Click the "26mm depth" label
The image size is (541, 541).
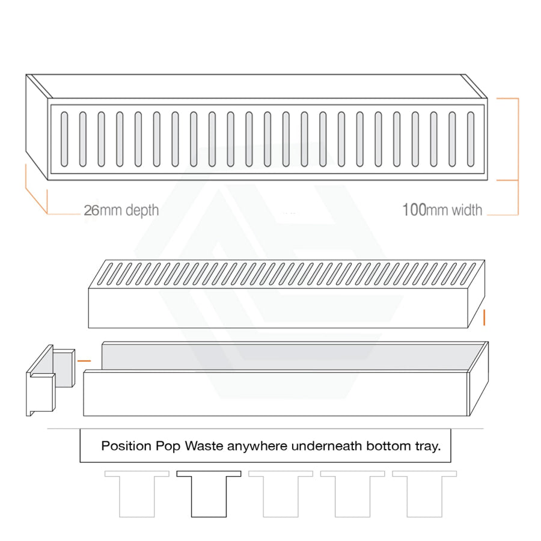coord(121,210)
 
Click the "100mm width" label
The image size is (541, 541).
coord(442,210)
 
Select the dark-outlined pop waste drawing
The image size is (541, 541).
coord(209,494)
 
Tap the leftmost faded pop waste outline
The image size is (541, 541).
coord(137,494)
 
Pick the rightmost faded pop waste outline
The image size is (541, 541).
coord(424,494)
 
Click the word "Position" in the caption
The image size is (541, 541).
coord(126,446)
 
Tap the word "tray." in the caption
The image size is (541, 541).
coord(428,446)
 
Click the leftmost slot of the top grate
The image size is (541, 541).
coord(64,139)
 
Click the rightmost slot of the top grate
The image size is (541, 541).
coord(471,139)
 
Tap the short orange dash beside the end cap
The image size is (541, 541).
coord(84,361)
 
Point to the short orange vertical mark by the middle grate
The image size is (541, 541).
coord(484,317)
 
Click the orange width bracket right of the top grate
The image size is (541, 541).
coord(518,157)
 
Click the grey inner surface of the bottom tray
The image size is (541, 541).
coord(290,357)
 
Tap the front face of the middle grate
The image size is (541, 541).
coord(278,308)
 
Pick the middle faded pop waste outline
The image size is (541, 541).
coord(281,494)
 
